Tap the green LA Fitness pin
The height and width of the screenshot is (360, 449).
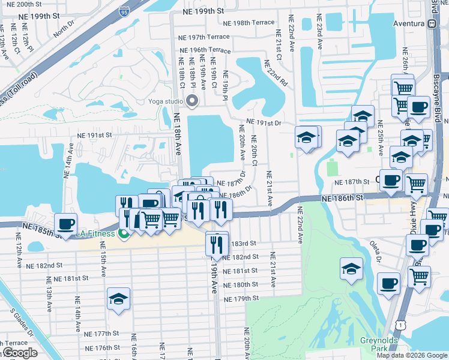tap(124, 233)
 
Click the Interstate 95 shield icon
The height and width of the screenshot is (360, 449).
tap(124, 11)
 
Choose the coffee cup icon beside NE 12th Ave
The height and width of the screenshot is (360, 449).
tap(66, 224)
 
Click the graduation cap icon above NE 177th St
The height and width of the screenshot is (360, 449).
tap(119, 299)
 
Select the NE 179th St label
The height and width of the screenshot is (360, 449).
tap(241, 298)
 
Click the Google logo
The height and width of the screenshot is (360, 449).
tap(20, 353)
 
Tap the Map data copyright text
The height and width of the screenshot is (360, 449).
tap(412, 355)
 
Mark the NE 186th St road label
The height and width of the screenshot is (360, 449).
tap(342, 197)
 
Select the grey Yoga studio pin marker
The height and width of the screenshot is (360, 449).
tap(192, 101)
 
